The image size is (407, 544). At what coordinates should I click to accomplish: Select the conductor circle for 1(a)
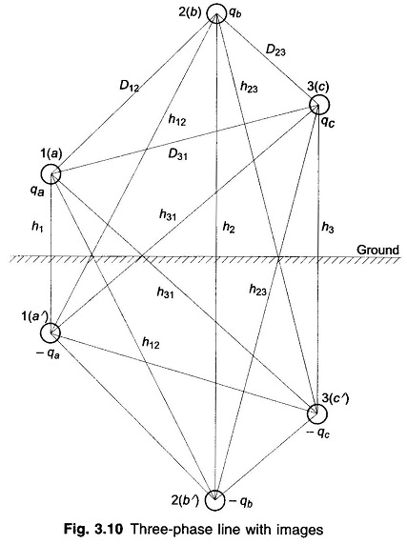tap(41, 173)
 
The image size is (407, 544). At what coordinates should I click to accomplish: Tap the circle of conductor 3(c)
tap(310, 104)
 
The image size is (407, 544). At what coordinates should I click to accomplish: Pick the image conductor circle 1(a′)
tap(41, 333)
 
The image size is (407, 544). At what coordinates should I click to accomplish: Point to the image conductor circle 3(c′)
tap(308, 413)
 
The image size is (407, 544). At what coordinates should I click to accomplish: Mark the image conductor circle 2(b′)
tap(205, 500)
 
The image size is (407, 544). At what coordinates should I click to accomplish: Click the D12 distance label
tap(129, 86)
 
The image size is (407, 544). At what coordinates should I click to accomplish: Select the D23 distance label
tap(275, 50)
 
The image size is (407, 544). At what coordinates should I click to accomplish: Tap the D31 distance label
tap(177, 154)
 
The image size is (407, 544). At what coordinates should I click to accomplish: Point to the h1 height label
tap(37, 228)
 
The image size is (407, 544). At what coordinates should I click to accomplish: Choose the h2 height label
tap(229, 228)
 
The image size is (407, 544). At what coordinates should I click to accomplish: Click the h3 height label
tap(328, 228)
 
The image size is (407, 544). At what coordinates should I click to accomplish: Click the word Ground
tap(377, 250)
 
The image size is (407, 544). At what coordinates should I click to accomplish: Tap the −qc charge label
tap(317, 433)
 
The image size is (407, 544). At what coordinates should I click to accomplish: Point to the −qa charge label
tap(48, 353)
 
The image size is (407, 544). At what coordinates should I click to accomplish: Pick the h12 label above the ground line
tap(177, 120)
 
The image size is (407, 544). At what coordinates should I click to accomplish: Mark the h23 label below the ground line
tap(257, 290)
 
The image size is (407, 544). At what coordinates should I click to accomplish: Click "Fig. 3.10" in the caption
tap(93, 530)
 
